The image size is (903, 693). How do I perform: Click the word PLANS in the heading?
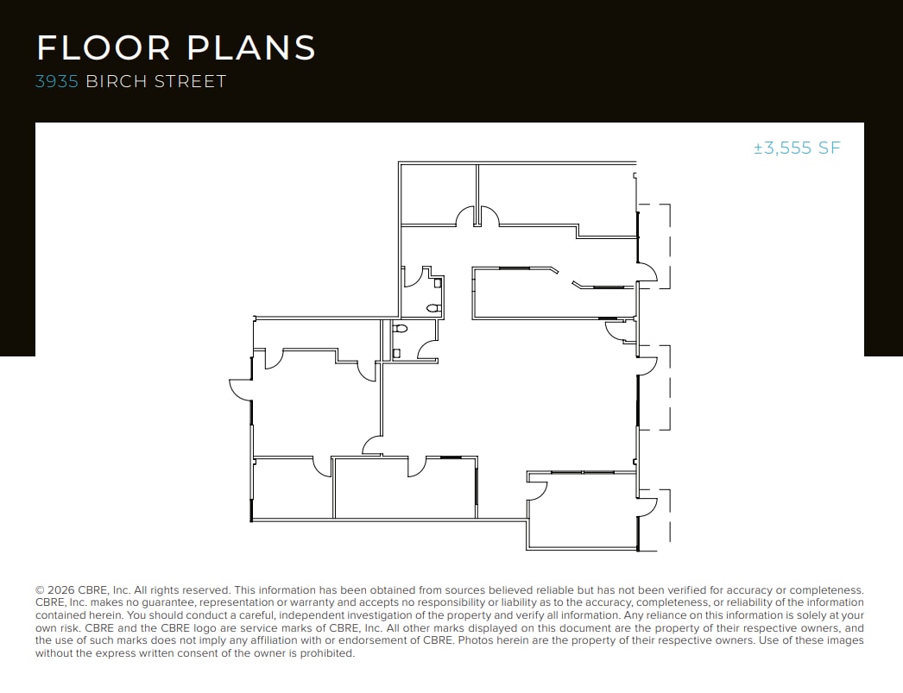pos(251,47)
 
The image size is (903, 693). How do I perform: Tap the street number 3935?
pos(57,82)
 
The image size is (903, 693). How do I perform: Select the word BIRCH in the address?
pos(117,82)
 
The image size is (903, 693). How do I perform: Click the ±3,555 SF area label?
pos(796,148)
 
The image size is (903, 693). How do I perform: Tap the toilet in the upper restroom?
pos(433,308)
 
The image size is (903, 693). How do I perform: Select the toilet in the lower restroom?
pos(399,329)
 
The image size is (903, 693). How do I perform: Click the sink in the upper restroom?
pos(438,282)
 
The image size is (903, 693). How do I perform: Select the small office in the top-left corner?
pos(439,194)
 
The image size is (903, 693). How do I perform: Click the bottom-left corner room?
pos(292,488)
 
